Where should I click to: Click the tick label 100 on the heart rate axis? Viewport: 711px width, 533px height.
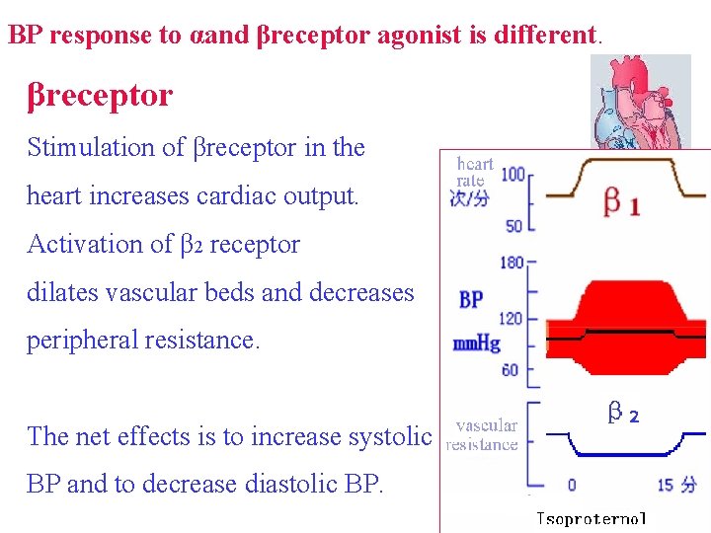513,175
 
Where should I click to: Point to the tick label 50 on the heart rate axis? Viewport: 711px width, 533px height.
513,226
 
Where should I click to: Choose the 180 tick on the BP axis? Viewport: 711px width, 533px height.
511,263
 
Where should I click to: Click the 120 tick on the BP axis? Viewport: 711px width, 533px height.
511,319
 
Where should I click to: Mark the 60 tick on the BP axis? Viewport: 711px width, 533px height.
512,371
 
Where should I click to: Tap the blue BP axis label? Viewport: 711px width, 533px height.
471,299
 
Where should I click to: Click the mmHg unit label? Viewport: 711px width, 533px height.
477,344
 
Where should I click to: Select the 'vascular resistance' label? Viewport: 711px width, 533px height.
484,434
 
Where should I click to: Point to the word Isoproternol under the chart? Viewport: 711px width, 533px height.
591,518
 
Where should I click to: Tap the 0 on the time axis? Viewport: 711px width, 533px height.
571,485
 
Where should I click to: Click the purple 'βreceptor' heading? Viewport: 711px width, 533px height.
100,96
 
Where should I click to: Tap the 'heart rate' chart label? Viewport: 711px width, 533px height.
474,172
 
